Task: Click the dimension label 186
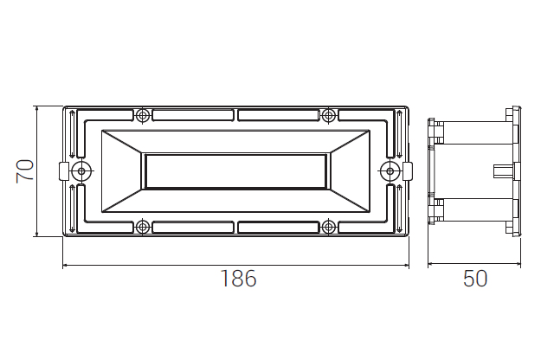(238, 279)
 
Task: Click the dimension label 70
(25, 171)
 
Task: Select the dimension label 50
(475, 279)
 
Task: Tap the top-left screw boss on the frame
(142, 115)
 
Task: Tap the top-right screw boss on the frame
(329, 115)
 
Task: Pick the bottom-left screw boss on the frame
(142, 227)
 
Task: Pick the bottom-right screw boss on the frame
(329, 227)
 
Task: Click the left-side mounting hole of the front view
(81, 170)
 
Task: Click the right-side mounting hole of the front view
(390, 170)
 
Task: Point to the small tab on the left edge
(64, 171)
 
